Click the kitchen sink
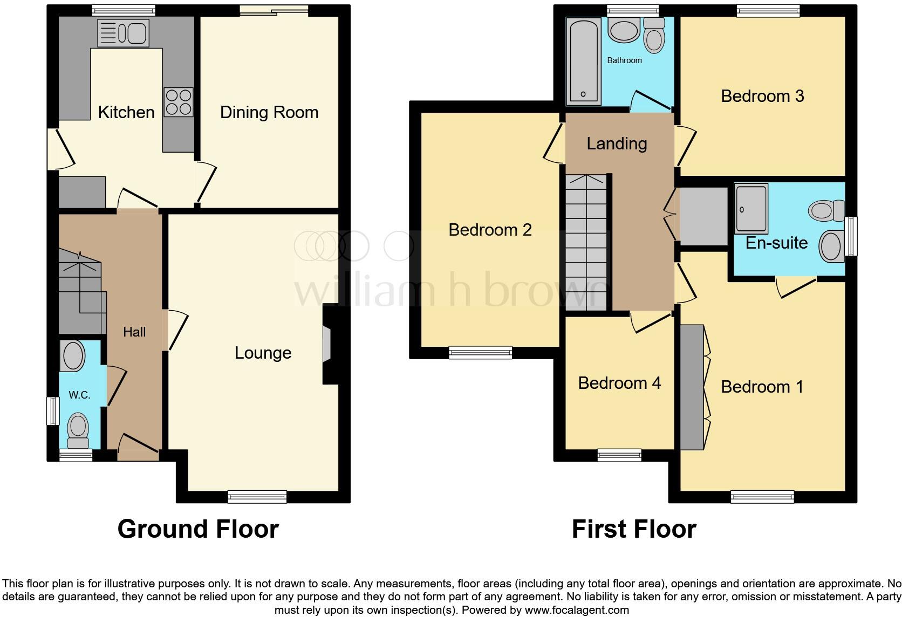124,33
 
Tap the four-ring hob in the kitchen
179,101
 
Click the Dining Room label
269,112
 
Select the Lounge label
263,353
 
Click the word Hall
134,332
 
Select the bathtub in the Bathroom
583,60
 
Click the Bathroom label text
624,60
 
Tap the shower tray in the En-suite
751,209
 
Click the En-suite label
776,243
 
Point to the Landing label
617,143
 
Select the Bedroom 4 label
619,383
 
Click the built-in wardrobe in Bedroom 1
692,387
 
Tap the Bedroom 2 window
480,353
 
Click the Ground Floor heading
198,529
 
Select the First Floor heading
634,529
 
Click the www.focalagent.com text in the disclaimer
577,611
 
